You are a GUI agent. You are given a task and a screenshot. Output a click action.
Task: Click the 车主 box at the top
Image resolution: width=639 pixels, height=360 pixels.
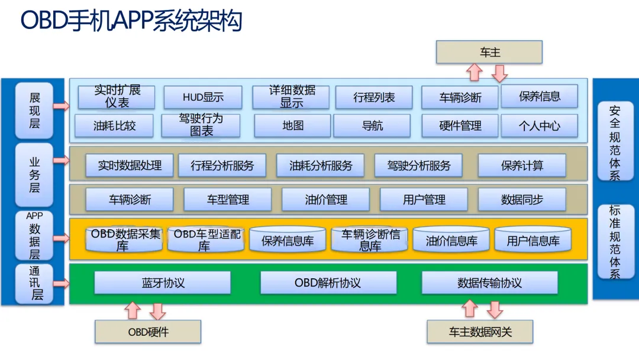tap(489, 52)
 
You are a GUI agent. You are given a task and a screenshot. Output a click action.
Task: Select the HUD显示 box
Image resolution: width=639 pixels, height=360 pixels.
tap(203, 98)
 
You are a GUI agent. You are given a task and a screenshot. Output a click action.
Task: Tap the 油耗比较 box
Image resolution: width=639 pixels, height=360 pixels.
tap(114, 126)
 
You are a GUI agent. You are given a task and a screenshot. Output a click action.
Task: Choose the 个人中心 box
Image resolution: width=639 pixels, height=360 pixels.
tap(539, 126)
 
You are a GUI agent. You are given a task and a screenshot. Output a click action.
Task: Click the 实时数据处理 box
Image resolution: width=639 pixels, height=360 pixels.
tap(130, 166)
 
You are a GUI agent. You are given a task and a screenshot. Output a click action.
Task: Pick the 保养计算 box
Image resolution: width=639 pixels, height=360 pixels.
tap(522, 166)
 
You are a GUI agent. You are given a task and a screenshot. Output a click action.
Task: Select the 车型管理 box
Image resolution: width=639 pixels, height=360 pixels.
tap(228, 200)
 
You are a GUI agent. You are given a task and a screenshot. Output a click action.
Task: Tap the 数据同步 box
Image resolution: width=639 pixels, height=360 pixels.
tap(522, 200)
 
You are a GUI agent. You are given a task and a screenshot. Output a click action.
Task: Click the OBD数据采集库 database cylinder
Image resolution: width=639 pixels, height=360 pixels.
tap(125, 240)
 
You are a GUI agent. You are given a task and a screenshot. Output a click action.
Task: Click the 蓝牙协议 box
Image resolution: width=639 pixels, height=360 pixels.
tap(163, 283)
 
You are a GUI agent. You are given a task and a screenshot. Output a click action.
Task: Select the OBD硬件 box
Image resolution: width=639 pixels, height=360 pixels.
tap(148, 332)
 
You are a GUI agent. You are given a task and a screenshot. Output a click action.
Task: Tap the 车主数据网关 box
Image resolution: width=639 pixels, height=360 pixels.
tap(480, 332)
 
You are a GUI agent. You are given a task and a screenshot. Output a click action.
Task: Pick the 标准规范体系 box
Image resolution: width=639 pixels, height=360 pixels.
tap(615, 242)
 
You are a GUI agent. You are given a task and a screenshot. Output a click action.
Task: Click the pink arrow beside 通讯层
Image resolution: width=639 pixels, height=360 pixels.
tap(61, 282)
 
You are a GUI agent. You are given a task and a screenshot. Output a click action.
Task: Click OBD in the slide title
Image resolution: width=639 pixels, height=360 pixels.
tap(43, 21)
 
